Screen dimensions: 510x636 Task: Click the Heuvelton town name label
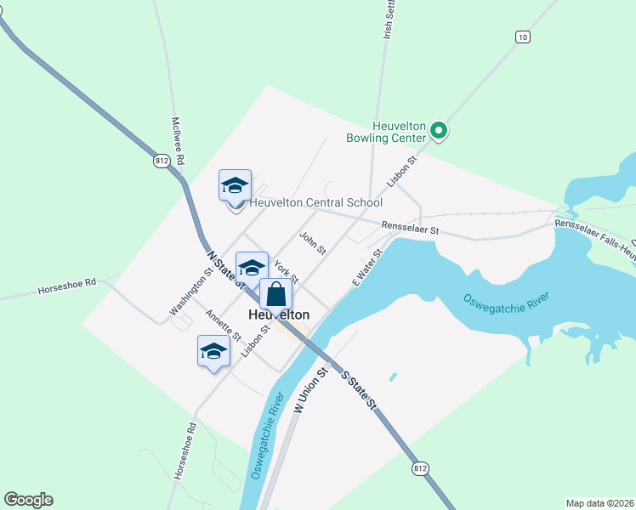pos(278,314)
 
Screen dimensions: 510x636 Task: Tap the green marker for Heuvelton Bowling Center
pos(439,131)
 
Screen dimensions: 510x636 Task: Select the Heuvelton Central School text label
pos(315,203)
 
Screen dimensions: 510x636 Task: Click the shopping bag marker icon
pos(276,294)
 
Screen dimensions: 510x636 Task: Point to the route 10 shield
pos(523,37)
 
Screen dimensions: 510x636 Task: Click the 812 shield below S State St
pos(421,468)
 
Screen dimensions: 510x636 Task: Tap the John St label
pos(312,243)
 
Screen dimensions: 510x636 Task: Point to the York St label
pos(286,272)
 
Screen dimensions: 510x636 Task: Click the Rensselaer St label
pos(410,229)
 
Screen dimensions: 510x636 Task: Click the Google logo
pos(28,500)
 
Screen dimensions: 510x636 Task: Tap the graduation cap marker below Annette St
pos(213,352)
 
